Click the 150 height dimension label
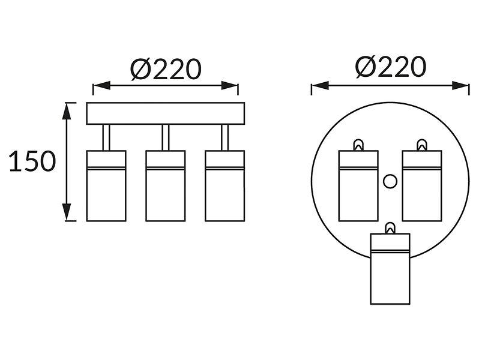(32, 161)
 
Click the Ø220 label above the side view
(166, 70)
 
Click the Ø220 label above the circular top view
(390, 66)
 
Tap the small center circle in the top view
(390, 181)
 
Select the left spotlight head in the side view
(106, 185)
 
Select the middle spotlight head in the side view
(166, 185)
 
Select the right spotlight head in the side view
(225, 185)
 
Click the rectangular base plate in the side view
(166, 113)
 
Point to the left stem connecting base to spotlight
(106, 137)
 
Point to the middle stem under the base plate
(166, 137)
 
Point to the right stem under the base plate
(225, 137)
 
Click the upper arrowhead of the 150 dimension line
(66, 111)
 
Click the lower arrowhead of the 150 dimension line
(66, 212)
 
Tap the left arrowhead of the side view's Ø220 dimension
(101, 85)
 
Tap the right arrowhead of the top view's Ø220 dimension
(460, 85)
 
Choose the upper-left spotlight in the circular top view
(358, 185)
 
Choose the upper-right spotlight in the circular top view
(422, 185)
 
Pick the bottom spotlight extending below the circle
(390, 269)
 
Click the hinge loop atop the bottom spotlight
(390, 228)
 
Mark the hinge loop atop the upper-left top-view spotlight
(358, 145)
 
